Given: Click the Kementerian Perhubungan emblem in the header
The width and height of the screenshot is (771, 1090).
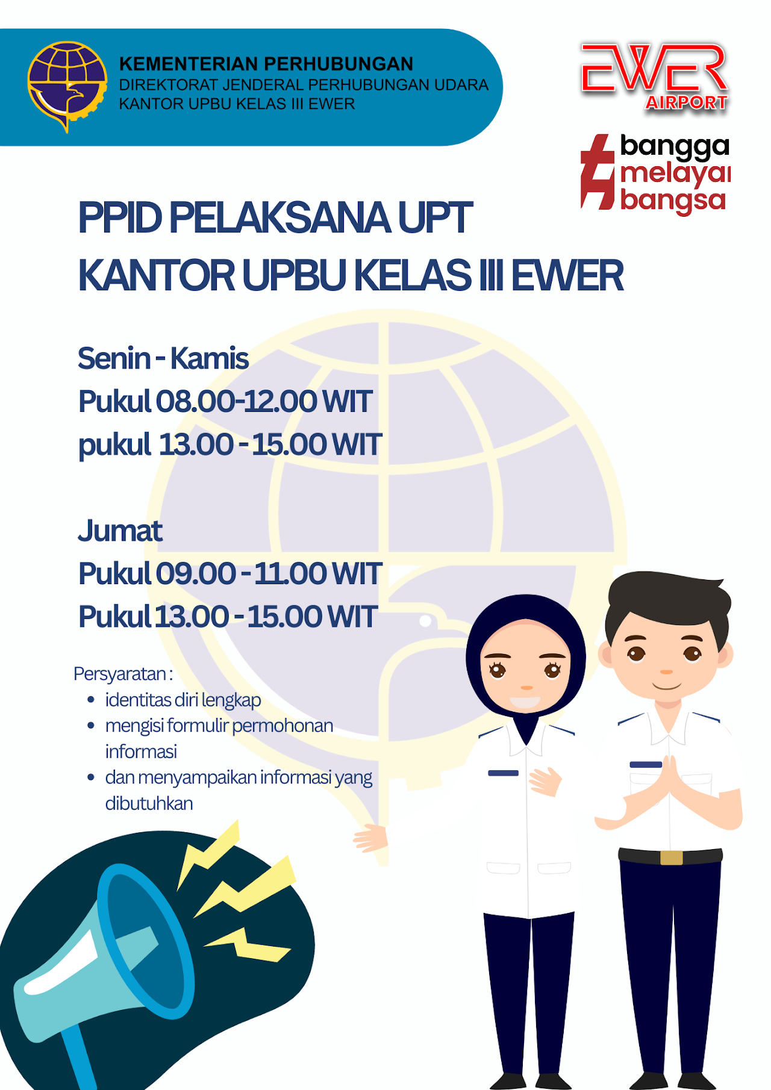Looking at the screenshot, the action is pos(67,86).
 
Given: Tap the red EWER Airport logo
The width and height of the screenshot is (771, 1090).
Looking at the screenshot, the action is pos(655,77).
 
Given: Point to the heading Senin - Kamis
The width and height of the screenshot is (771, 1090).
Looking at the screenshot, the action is pos(163,358).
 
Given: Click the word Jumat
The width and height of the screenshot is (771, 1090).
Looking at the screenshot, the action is pos(120,531).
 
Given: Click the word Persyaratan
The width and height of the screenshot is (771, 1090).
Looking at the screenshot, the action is pos(120,674).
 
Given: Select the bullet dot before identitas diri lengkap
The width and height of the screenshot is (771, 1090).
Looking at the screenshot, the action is pos(91,700).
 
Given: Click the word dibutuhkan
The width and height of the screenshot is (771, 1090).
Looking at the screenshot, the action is pos(149,803).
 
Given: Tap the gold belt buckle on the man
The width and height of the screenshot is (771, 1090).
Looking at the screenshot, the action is pos(671,858).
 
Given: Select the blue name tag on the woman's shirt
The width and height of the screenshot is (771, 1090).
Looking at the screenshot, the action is pos(503,773).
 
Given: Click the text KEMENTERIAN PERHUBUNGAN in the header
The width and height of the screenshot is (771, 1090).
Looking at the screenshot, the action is pos(266,64).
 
